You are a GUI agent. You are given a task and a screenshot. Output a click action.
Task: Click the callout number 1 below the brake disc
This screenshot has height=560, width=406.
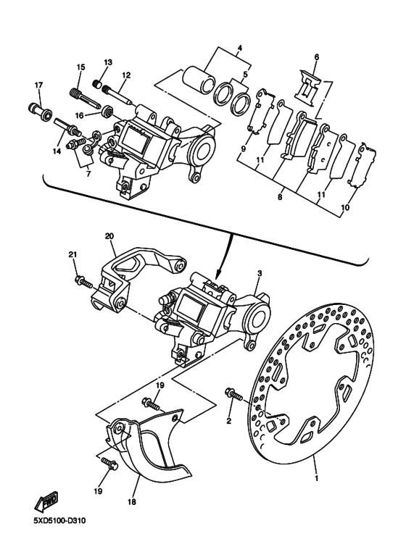316,477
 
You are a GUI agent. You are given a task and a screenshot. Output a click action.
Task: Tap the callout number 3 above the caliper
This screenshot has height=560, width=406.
260,273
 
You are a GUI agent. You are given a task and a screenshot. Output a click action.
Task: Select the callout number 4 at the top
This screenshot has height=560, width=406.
240,48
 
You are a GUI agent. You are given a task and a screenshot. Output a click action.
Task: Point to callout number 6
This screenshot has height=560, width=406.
317,57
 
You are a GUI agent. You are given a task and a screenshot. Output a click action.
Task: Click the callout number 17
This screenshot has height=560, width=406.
38,85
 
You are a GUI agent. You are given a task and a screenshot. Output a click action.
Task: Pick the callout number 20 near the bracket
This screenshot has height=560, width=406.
109,236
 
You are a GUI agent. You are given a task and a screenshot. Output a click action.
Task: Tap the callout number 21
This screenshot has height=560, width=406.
72,254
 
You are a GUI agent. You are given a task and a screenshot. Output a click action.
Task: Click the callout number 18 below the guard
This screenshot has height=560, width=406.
131,502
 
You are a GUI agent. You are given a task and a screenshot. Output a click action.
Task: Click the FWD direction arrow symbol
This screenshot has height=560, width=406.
47,500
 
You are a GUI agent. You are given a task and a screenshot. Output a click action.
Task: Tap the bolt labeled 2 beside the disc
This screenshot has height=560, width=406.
233,394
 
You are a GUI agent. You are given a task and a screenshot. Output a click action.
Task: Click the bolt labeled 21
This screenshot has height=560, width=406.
84,282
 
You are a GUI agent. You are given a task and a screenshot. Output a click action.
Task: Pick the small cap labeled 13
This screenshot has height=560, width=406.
97,85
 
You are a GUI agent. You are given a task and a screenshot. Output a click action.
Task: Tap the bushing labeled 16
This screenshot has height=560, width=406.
107,111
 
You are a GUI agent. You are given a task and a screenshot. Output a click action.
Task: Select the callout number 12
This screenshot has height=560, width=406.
126,75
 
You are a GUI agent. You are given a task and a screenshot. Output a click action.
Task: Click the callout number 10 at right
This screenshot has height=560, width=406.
345,207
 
